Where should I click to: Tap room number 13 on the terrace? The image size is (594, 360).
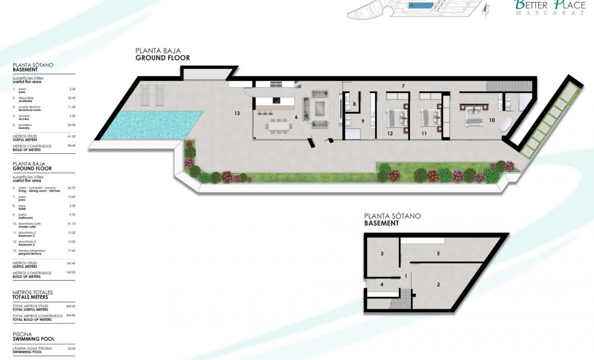pyautogui.click(x=237, y=113)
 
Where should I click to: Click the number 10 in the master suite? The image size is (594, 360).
pyautogui.click(x=492, y=120)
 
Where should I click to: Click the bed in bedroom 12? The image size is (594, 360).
pyautogui.click(x=398, y=117)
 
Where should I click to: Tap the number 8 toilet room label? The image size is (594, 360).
pyautogui.click(x=355, y=104)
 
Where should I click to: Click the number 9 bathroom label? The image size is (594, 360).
pyautogui.click(x=362, y=121)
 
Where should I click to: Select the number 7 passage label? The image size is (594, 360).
pyautogui.click(x=404, y=85)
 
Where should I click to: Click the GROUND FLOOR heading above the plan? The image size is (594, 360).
pyautogui.click(x=162, y=58)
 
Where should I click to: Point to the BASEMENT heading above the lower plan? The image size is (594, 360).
pyautogui.click(x=381, y=223)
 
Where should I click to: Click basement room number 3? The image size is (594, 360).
pyautogui.click(x=382, y=254)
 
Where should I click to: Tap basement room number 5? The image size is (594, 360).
pyautogui.click(x=438, y=254)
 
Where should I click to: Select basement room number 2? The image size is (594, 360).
pyautogui.click(x=438, y=284)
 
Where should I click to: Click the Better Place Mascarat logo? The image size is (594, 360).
pyautogui.click(x=549, y=7)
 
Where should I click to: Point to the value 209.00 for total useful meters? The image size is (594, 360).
pyautogui.click(x=71, y=306)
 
